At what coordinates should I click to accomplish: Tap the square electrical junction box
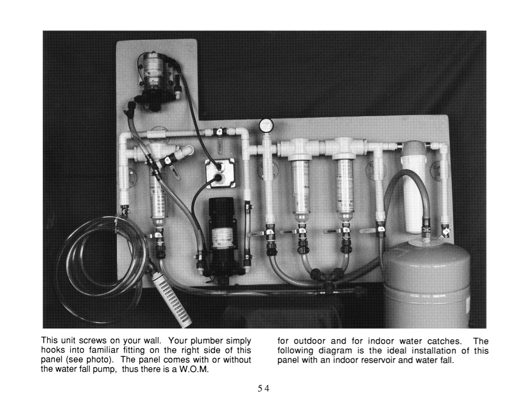219,173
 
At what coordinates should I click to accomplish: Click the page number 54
263,388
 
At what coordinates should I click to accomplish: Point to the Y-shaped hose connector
325,276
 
